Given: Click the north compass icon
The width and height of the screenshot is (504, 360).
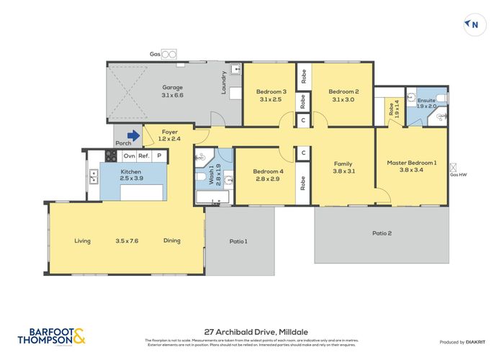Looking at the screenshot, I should click(473, 24).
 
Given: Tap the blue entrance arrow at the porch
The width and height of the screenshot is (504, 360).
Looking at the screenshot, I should click(133, 135).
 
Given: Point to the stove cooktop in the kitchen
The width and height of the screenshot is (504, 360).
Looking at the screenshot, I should click(111, 156).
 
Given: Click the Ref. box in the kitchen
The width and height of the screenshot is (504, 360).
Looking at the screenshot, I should click(144, 156).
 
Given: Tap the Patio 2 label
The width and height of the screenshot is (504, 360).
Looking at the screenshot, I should click(382, 233).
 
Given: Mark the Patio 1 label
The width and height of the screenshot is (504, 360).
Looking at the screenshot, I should click(238, 241).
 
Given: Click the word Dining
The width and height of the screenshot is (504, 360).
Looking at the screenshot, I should click(171, 240).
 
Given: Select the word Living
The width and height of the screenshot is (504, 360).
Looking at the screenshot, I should click(82, 240).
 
